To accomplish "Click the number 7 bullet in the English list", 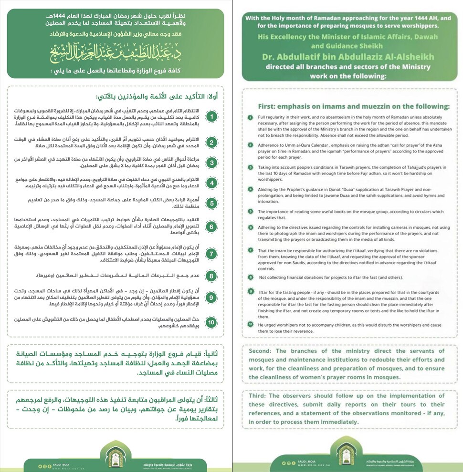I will (250, 250).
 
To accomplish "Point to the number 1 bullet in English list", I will (250, 117).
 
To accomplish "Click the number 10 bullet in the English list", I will (250, 324).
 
